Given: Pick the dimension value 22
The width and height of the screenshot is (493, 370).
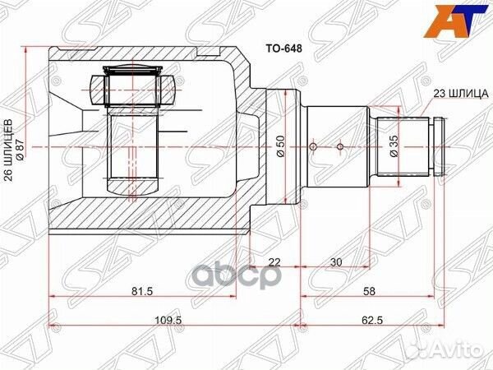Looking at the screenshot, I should (x=274, y=262).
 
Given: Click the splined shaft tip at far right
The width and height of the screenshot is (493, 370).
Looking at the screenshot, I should (x=439, y=148).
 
